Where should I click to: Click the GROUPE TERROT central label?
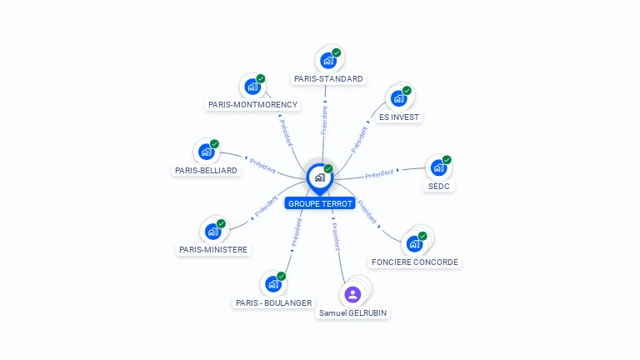pos(320,203)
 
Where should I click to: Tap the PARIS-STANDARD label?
pos(328,79)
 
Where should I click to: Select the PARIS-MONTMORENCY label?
pos(252,105)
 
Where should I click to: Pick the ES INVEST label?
pos(399,117)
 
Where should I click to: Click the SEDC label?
pos(438,186)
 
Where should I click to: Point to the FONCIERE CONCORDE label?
pos(415,262)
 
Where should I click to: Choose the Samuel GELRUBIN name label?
pos(353,312)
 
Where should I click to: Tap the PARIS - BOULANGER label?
pos(273,302)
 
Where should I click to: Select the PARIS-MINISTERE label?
pos(213,249)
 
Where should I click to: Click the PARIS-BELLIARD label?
pos(206,170)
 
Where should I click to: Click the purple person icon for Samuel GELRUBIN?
pos(352,293)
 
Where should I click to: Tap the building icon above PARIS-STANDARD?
pos(328,61)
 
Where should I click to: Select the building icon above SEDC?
pos(438,168)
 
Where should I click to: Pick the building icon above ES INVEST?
pos(398,98)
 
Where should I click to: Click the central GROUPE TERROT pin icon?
pos(319,177)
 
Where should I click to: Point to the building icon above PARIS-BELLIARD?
pos(206,152)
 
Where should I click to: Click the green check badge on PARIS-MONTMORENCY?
pos(261,78)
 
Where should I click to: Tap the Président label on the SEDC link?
pos(379,173)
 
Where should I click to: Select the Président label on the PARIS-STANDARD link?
pos(324,119)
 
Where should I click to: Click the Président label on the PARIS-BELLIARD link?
pos(262,163)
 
